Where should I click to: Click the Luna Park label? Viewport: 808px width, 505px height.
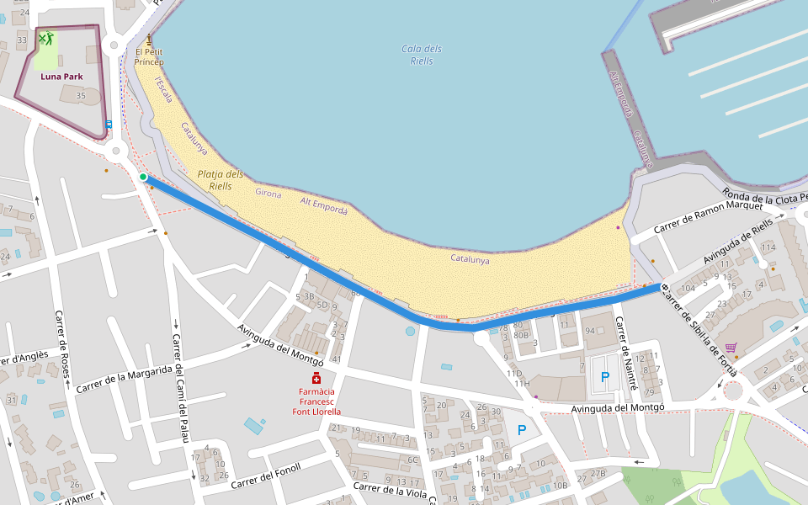click(x=61, y=76)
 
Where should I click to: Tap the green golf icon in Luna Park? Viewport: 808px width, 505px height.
click(x=45, y=38)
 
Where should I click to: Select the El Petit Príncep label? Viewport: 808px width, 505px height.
click(x=149, y=57)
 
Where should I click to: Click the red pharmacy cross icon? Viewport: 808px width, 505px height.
click(x=316, y=378)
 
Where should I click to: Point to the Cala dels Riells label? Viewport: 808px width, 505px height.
click(x=422, y=55)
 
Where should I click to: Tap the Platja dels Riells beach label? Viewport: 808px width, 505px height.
click(x=221, y=180)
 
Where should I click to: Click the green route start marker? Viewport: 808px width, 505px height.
click(x=143, y=177)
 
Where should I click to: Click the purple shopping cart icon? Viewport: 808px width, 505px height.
click(x=731, y=347)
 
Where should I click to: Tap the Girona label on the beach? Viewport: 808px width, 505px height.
click(x=268, y=194)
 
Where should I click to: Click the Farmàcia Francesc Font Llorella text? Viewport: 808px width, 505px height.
click(x=316, y=401)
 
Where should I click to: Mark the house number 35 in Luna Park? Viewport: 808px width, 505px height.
click(x=81, y=96)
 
